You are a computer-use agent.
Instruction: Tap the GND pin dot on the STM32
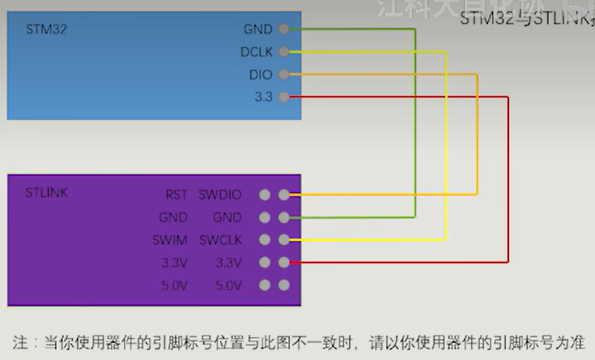click(283, 30)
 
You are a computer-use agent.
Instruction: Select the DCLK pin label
click(256, 53)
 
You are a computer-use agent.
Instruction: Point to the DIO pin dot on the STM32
click(283, 75)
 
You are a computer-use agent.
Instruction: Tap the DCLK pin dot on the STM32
click(283, 52)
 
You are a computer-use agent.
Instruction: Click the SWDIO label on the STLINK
click(220, 195)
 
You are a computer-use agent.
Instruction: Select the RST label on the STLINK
click(177, 195)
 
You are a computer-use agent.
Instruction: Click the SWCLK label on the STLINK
click(220, 240)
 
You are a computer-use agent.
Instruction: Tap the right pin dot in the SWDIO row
click(283, 195)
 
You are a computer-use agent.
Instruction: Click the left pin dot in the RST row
click(265, 195)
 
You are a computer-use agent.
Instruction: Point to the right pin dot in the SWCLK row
click(283, 240)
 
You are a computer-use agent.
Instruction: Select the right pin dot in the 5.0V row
click(283, 285)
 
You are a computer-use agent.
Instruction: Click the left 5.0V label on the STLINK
click(175, 285)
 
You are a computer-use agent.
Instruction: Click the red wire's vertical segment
click(508, 178)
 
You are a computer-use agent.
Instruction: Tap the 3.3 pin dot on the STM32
click(283, 97)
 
